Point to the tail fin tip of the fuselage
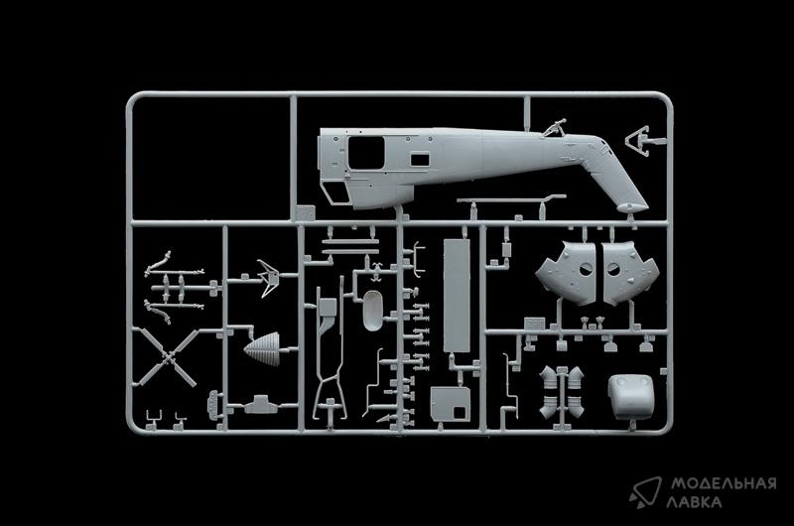pyautogui.click(x=633, y=203)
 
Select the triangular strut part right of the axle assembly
pyautogui.click(x=265, y=275)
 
